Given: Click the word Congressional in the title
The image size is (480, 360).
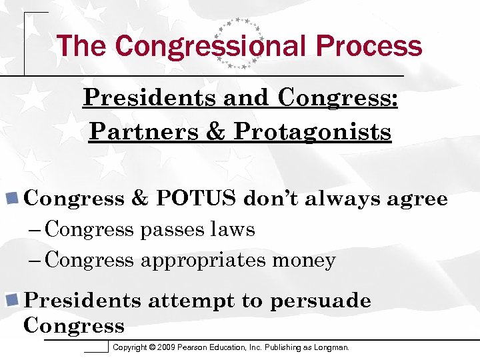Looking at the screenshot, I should coord(211,46).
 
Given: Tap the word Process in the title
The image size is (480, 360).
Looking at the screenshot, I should coord(369,46).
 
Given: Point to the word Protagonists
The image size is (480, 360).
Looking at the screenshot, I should coord(312,131).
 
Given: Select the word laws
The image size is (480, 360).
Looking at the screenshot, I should coord(233,230).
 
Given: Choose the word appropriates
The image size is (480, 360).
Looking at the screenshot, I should coord(203,260).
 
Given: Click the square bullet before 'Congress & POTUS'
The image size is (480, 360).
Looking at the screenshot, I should coord(11,198).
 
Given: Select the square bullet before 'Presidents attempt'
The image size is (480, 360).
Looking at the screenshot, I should coord(11,300).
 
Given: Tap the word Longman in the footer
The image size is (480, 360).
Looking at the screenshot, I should coord(331,347).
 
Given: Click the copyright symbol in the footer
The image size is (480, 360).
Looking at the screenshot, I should coord(153,347).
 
